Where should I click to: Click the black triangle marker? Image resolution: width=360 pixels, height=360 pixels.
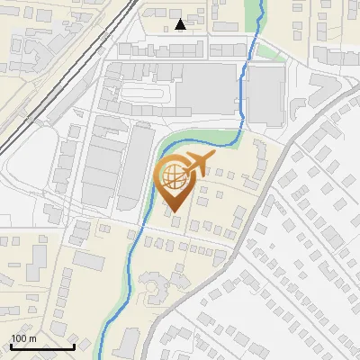[181, 24]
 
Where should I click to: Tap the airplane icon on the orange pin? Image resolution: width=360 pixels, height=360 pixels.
[196, 164]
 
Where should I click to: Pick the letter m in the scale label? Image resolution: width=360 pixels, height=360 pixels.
[32, 338]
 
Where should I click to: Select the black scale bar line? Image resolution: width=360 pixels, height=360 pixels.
[42, 346]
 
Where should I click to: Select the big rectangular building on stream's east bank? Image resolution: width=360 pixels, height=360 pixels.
[265, 94]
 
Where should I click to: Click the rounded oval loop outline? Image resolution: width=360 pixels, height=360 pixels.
[148, 92]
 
